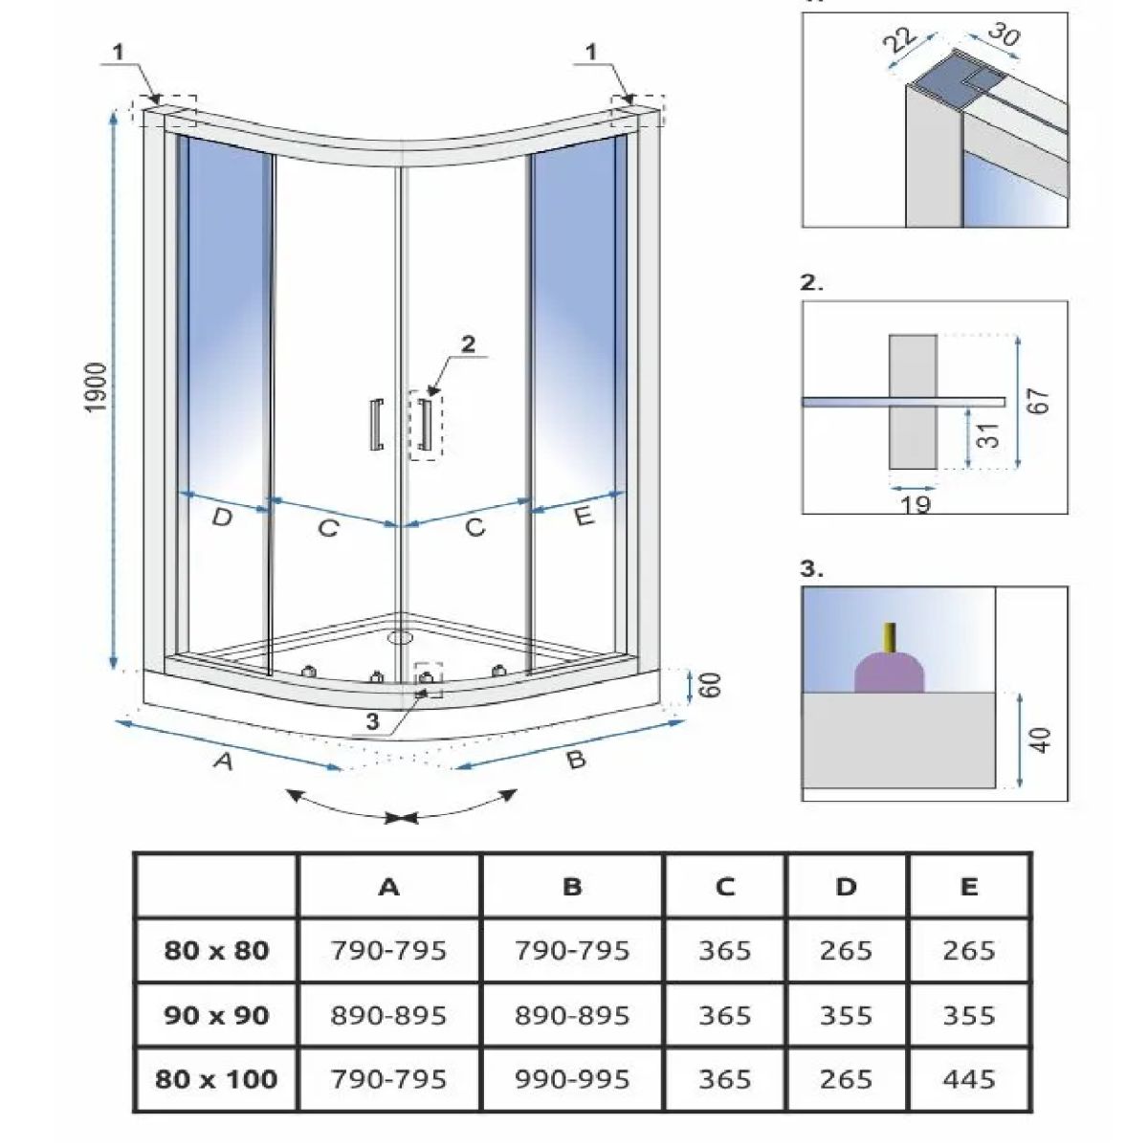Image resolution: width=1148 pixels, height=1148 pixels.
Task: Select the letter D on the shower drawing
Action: (x=221, y=518)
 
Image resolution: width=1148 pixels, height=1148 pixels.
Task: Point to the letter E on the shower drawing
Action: (x=584, y=516)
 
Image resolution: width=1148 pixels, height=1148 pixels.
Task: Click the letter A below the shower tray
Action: (x=222, y=762)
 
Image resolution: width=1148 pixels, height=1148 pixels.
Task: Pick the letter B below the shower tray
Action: (x=575, y=761)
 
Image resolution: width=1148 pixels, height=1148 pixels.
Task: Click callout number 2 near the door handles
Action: (x=468, y=345)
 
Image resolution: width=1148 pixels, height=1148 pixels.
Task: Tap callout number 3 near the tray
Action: (x=373, y=722)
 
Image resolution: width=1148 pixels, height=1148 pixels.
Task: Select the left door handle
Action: (x=375, y=423)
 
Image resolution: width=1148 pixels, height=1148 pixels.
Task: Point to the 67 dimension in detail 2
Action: (x=1041, y=400)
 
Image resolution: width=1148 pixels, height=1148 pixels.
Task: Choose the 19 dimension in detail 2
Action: (x=916, y=503)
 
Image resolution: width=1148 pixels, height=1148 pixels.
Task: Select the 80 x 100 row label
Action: (x=215, y=1079)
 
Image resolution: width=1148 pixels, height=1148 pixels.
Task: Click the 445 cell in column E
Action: (x=968, y=1079)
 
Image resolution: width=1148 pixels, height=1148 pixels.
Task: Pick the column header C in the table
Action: (x=724, y=887)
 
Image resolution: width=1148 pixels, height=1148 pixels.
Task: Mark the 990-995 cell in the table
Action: (x=572, y=1079)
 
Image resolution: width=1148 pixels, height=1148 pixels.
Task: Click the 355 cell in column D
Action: (x=846, y=1015)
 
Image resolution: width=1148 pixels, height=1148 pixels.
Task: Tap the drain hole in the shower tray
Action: (x=400, y=633)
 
